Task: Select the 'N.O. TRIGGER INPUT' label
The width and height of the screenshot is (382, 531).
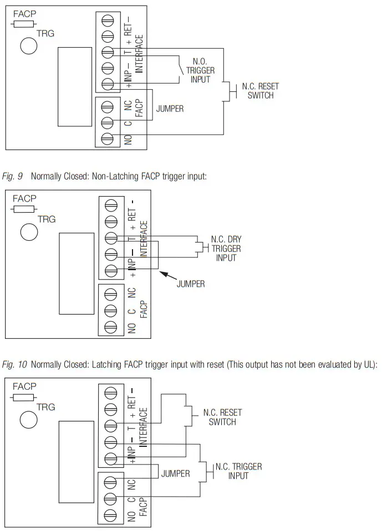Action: (x=200, y=70)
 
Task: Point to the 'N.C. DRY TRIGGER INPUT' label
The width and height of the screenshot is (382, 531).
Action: (x=226, y=249)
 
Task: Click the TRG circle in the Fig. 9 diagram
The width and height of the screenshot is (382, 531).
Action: (x=29, y=231)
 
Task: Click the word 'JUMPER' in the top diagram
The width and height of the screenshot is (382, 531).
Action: (x=170, y=109)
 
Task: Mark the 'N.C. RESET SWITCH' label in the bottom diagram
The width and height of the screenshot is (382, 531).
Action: (x=222, y=417)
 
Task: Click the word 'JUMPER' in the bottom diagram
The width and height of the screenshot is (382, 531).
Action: (x=175, y=473)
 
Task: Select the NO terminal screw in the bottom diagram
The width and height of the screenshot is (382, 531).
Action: (x=110, y=516)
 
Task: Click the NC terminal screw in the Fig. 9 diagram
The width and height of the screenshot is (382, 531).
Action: (x=110, y=294)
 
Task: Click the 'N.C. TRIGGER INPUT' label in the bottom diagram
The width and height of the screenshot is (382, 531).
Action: (x=238, y=471)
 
